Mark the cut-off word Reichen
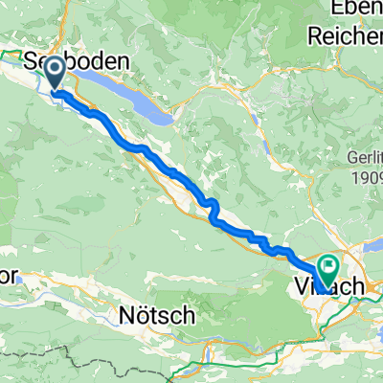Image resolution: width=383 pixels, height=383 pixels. coord(345,34)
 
